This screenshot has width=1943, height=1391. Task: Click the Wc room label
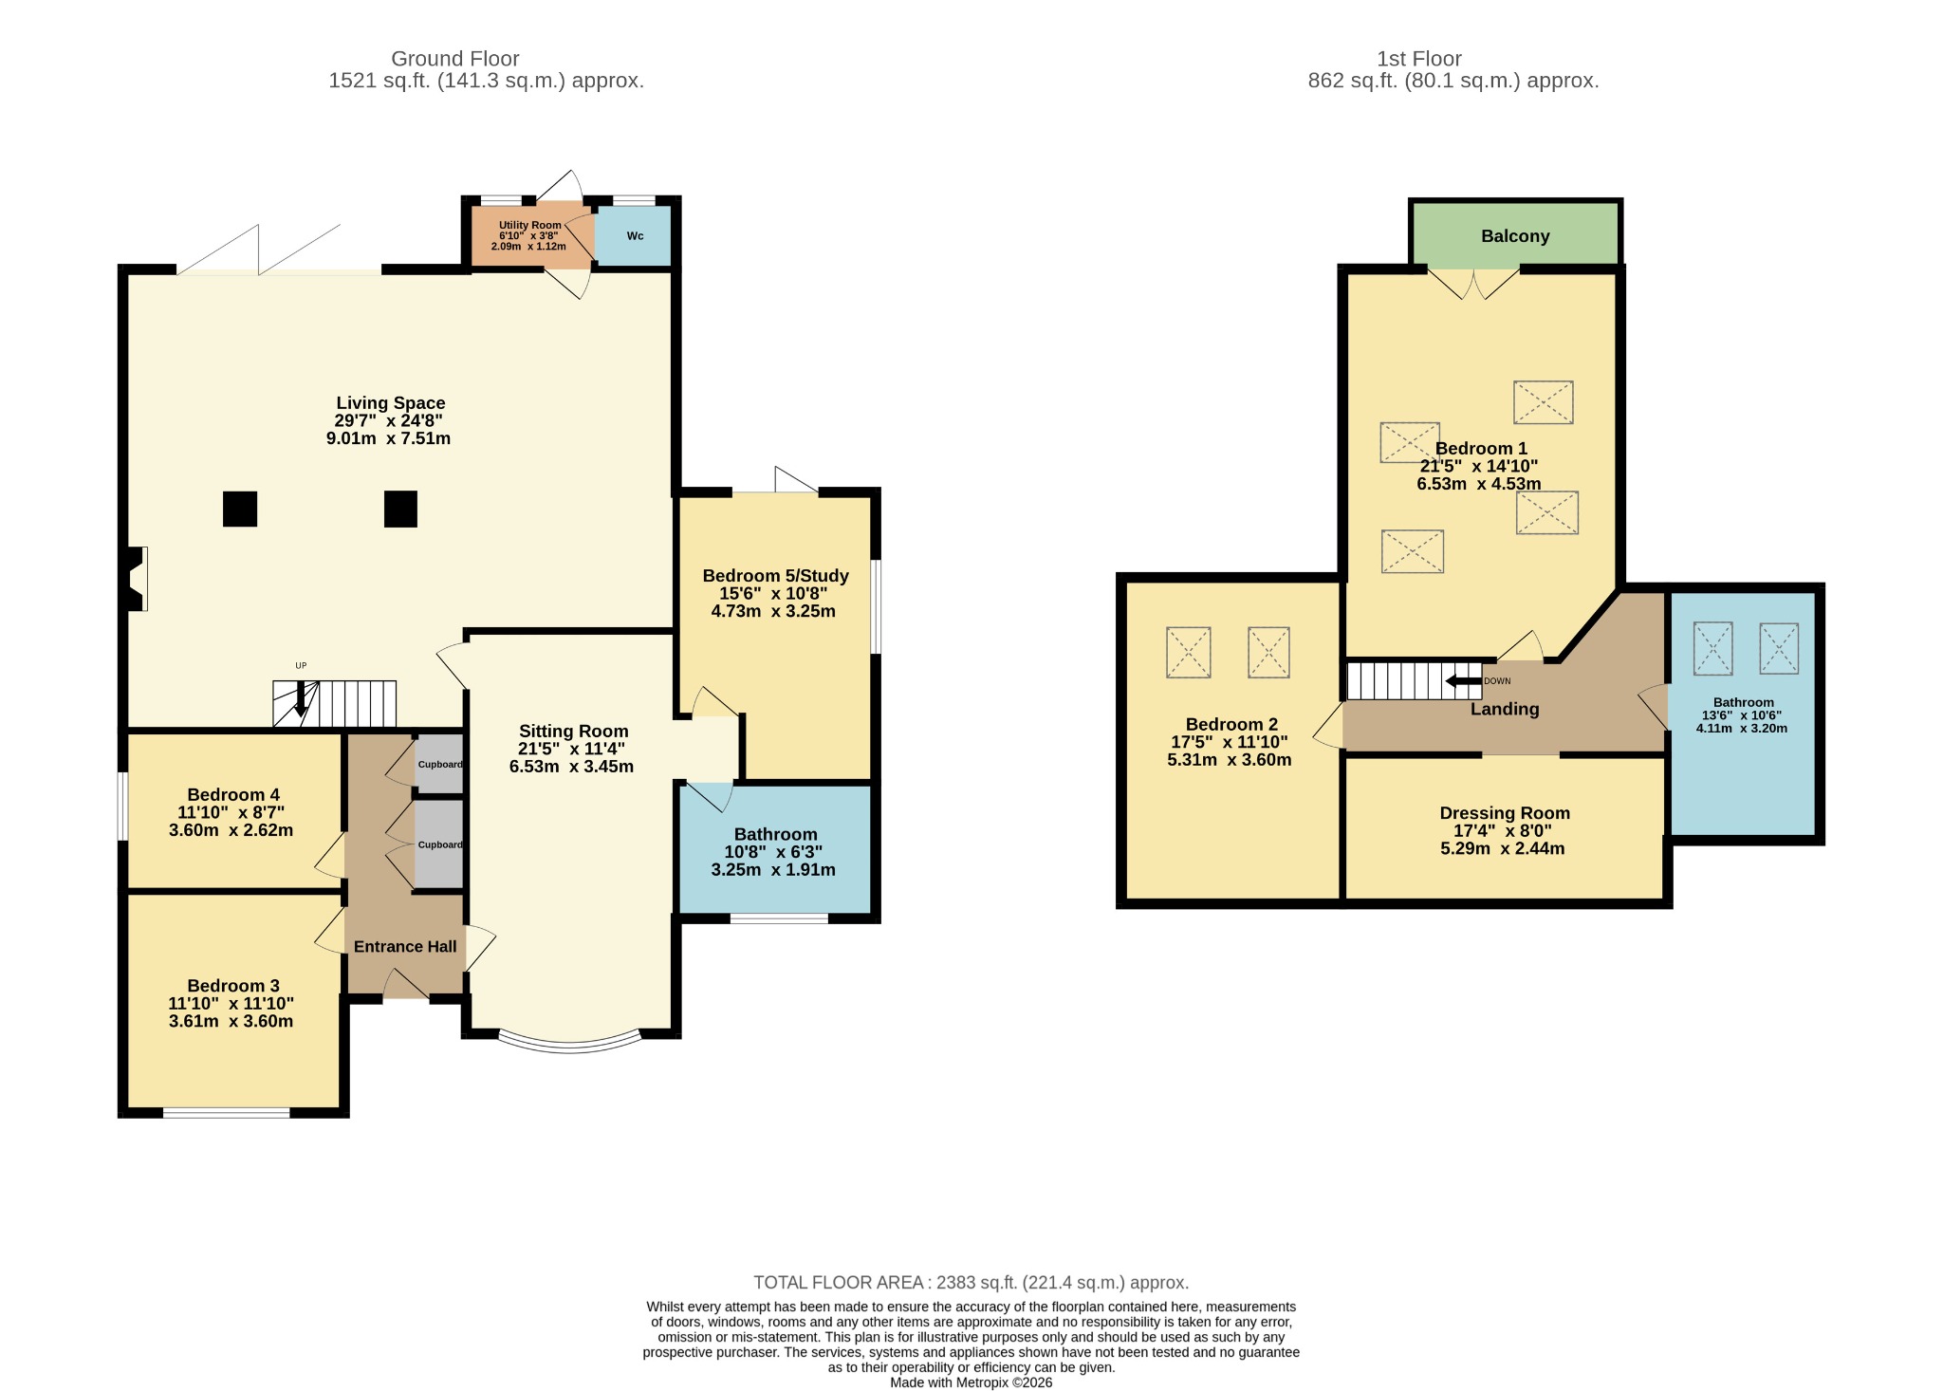pyautogui.click(x=635, y=236)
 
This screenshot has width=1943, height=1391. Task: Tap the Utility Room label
pyautogui.click(x=530, y=226)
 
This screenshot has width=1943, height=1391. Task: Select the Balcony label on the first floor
pyautogui.click(x=1515, y=236)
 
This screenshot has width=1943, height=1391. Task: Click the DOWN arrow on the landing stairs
pyautogui.click(x=1463, y=680)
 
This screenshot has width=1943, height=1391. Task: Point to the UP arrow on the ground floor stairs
pyautogui.click(x=301, y=699)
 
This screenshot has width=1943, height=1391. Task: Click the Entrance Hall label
pyautogui.click(x=405, y=946)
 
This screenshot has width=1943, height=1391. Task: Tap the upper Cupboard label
pyautogui.click(x=440, y=765)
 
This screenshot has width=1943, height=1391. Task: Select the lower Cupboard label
pyautogui.click(x=440, y=844)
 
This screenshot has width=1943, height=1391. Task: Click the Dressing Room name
pyautogui.click(x=1505, y=813)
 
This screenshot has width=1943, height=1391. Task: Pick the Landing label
pyautogui.click(x=1505, y=709)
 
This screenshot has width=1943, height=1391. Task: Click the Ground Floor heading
pyautogui.click(x=455, y=59)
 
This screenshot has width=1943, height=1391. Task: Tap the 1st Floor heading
pyautogui.click(x=1419, y=59)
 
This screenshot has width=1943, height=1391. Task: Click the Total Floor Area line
pyautogui.click(x=971, y=1283)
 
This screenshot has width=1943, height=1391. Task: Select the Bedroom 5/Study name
pyautogui.click(x=775, y=576)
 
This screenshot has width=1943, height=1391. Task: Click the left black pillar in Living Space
pyautogui.click(x=240, y=509)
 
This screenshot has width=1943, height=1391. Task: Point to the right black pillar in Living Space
pyautogui.click(x=400, y=509)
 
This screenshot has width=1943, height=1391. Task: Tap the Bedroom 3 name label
pyautogui.click(x=233, y=986)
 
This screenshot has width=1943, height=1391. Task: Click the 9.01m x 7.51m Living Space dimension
pyautogui.click(x=388, y=438)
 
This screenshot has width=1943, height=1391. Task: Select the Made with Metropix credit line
pyautogui.click(x=971, y=1382)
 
